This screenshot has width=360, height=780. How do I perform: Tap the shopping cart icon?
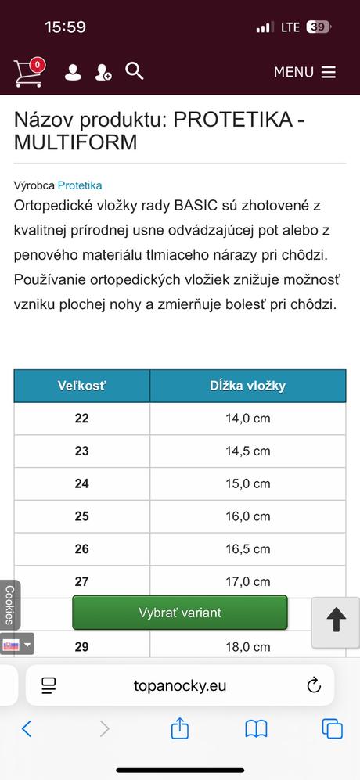click(28, 72)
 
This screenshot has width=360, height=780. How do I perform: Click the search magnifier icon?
click(135, 71)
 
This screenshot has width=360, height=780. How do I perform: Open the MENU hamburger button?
click(304, 72)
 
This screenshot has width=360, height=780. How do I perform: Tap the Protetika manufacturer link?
click(80, 185)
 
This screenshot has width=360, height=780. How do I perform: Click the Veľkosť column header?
click(82, 386)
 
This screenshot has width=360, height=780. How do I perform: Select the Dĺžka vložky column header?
click(247, 386)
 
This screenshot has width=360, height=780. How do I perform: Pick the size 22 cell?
click(82, 419)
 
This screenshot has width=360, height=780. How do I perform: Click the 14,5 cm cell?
click(247, 451)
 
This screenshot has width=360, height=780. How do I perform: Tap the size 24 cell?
click(82, 483)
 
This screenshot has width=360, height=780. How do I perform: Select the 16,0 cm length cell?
click(247, 516)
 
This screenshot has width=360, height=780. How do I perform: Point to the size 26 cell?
click(82, 549)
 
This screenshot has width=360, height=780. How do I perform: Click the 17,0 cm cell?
click(247, 581)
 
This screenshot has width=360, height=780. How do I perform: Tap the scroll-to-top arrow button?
click(336, 621)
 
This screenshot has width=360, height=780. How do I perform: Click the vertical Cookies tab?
click(9, 605)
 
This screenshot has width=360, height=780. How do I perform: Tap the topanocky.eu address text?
click(180, 685)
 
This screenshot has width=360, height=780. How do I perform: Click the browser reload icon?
click(314, 685)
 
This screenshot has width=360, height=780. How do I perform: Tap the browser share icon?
click(180, 729)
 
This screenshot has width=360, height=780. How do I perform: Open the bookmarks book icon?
click(256, 729)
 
